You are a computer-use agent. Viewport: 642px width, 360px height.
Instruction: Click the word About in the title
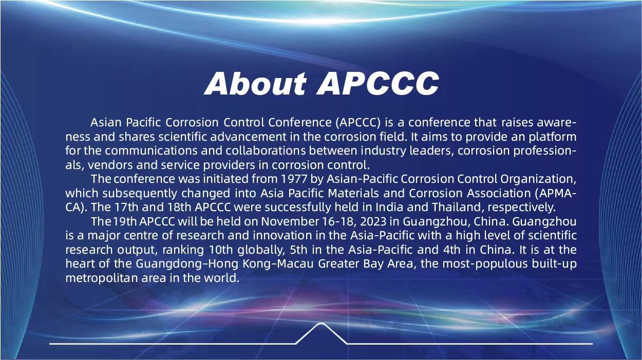click(255, 83)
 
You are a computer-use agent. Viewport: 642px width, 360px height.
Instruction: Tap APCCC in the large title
click(377, 83)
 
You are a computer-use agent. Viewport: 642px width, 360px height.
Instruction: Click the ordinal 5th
click(298, 250)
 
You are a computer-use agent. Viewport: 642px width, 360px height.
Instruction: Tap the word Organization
click(538, 179)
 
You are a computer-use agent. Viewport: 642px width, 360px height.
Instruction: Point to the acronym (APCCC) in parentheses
click(357, 123)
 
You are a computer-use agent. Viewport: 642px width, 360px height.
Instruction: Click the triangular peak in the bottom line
click(321, 324)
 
